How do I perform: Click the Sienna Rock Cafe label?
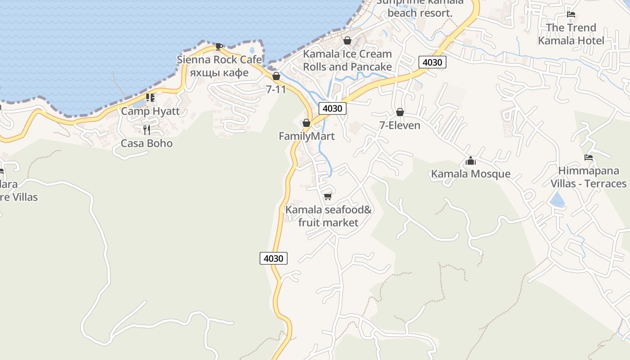point(219,60)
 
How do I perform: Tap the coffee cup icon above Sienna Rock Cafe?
point(219,46)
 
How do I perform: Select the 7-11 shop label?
point(276,89)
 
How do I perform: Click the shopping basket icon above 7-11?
point(276,76)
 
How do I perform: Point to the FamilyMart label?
point(306,136)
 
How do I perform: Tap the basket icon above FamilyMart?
point(306,123)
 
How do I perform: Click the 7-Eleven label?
point(400,126)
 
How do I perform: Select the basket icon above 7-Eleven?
point(400,112)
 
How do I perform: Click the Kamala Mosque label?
point(471,174)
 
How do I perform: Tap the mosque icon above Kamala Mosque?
point(471,161)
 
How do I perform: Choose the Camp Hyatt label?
point(150,111)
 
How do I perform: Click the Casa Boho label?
point(147,144)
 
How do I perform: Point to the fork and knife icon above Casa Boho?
point(146,130)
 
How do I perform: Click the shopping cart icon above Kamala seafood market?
point(328,196)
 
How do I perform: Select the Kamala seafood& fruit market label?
point(328,216)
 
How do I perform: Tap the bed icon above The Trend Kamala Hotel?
point(571,14)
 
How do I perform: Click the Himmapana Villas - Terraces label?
point(589,177)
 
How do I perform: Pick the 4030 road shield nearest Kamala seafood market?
point(273,258)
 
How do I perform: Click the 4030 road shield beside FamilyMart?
point(333,108)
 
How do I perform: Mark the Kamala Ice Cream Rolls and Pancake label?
point(347,60)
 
